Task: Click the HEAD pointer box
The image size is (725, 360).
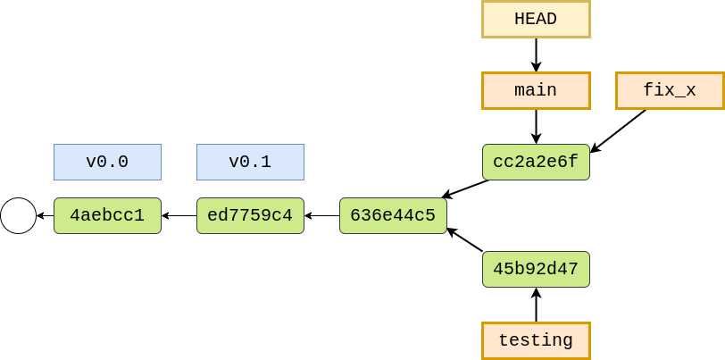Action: pos(536,19)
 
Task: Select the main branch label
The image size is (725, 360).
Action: pos(536,90)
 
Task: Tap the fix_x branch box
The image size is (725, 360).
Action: pos(670,90)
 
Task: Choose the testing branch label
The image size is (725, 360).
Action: pos(536,340)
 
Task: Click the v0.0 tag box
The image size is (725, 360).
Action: pos(107,162)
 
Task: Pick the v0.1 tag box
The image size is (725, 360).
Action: pos(250,162)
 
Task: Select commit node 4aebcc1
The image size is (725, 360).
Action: pos(107,215)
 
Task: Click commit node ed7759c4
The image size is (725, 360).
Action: pos(250,215)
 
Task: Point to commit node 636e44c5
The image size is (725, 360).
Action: pos(393,215)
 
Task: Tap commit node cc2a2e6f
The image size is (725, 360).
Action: pos(536,162)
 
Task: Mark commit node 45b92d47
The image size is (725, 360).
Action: pos(536,269)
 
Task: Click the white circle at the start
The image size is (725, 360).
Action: pos(18,215)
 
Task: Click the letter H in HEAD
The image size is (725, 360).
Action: pos(520,19)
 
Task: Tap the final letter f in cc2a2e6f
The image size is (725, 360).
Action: pos(573,162)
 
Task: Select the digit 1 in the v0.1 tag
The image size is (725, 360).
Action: pos(266,162)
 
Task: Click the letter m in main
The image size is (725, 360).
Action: pos(520,91)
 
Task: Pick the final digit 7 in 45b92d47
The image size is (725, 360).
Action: pos(573,269)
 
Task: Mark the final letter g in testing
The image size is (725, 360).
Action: pos(568,341)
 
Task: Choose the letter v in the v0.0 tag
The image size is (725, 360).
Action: pos(91,163)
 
